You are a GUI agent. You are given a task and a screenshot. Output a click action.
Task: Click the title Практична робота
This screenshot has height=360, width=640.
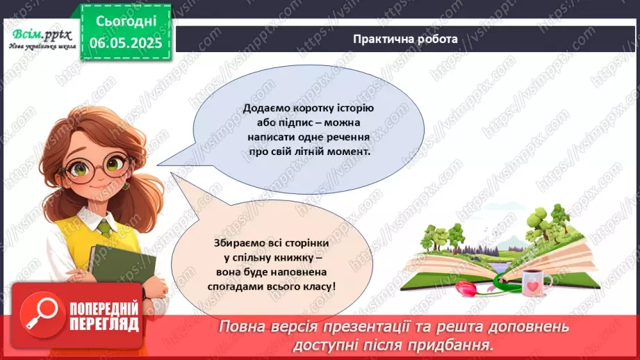(404, 39)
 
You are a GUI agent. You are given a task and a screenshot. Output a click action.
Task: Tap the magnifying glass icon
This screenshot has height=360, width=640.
(39, 314)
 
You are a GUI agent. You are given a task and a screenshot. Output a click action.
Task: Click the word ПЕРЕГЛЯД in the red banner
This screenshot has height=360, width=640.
(104, 324)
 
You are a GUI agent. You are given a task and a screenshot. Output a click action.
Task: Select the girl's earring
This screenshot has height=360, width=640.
(126, 186)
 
